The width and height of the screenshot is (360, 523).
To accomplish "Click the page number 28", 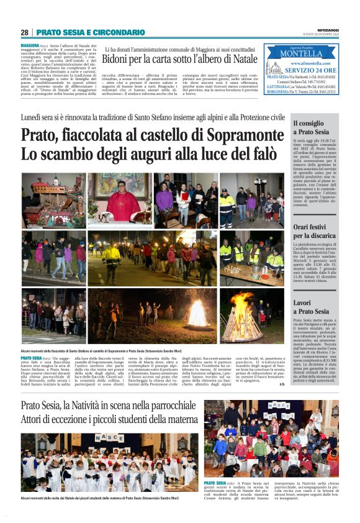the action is pos(24,32).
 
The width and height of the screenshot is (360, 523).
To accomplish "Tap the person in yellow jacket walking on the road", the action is pos(112,258).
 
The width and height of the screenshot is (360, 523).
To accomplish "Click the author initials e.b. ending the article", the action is pos(282,383).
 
